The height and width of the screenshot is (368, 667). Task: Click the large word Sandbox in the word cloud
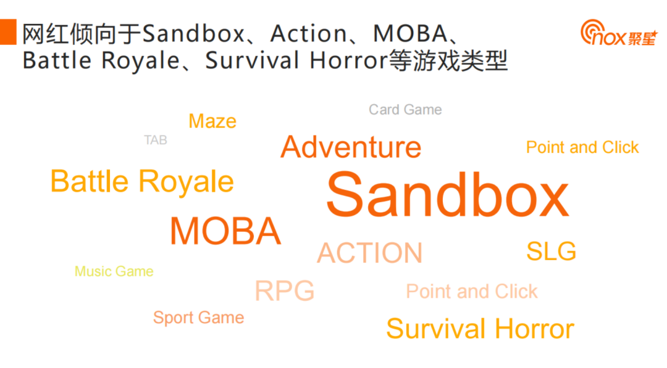click(x=447, y=195)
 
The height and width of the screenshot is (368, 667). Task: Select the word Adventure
click(x=351, y=147)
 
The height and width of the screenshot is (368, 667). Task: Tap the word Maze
click(x=212, y=121)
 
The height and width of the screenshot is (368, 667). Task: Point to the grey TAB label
click(x=156, y=141)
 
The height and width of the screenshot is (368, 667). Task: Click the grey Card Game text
click(x=405, y=110)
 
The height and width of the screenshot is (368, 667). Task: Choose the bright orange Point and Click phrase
click(x=582, y=147)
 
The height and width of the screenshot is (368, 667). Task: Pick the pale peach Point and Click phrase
click(x=472, y=292)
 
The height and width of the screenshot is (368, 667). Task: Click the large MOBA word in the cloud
click(x=225, y=231)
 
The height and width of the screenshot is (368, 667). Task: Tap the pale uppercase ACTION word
click(x=370, y=253)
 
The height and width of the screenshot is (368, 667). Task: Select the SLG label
click(x=551, y=251)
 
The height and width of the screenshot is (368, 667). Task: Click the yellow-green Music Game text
click(x=114, y=271)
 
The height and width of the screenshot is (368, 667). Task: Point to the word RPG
click(x=285, y=291)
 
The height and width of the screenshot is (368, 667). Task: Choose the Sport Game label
click(x=198, y=318)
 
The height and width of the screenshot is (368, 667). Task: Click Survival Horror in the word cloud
click(x=480, y=329)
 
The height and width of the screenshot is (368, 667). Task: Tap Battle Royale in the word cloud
click(x=142, y=181)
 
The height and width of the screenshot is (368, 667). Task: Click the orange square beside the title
click(x=7, y=31)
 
